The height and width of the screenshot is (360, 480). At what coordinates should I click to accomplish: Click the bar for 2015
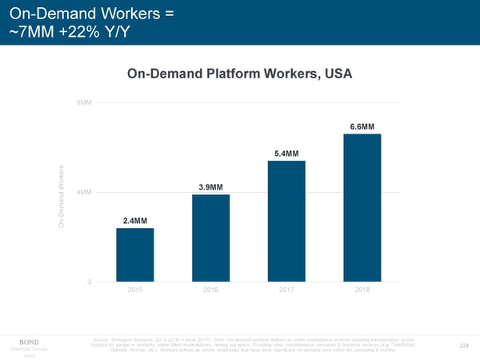coord(134,254)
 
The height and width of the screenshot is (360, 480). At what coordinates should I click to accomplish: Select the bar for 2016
coord(210,238)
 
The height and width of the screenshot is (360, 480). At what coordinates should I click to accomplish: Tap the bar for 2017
coord(286,221)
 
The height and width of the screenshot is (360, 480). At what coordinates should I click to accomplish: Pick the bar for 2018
coord(362,207)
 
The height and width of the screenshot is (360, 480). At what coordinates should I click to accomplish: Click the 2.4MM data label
coord(134,220)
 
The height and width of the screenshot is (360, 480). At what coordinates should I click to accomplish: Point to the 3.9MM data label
coord(210,187)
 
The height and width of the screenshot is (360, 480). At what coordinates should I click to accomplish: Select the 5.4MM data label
coord(286,154)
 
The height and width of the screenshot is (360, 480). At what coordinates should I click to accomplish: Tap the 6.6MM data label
coord(362,127)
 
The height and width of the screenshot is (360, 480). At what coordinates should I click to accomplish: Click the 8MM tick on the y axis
coord(85,103)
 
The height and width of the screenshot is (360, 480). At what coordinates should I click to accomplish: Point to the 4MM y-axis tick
coord(85,193)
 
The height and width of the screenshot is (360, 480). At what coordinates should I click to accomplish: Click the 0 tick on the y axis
coord(90,282)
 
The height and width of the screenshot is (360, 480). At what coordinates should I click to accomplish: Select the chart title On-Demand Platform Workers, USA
coord(240,74)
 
